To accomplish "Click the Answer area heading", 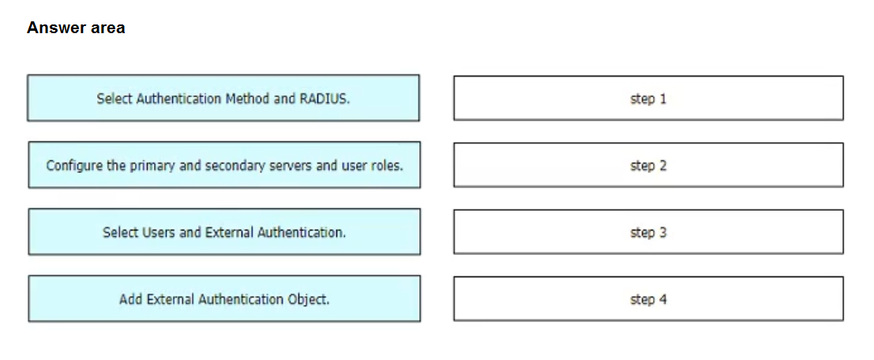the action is [x=76, y=28].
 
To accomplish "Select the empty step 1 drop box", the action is [x=648, y=98].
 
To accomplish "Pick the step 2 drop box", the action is [x=648, y=165].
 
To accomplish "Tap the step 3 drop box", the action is [x=648, y=232].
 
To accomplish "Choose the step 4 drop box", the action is [x=648, y=298].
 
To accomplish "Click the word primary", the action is [x=154, y=166].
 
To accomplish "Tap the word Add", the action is [x=129, y=299].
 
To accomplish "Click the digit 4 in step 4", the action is [x=662, y=299].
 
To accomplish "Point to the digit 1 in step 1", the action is [x=662, y=99].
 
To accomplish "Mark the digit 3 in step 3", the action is [x=662, y=232].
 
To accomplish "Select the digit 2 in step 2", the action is [x=662, y=166].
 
